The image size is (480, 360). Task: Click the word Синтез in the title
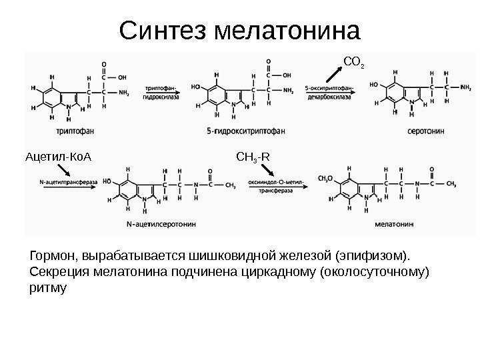tap(160, 30)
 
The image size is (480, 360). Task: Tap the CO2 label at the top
tap(353, 63)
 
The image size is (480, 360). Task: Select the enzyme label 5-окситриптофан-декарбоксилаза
tap(329, 92)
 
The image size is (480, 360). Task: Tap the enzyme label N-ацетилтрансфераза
tap(69, 181)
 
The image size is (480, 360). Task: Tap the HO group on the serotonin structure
tap(375, 85)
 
